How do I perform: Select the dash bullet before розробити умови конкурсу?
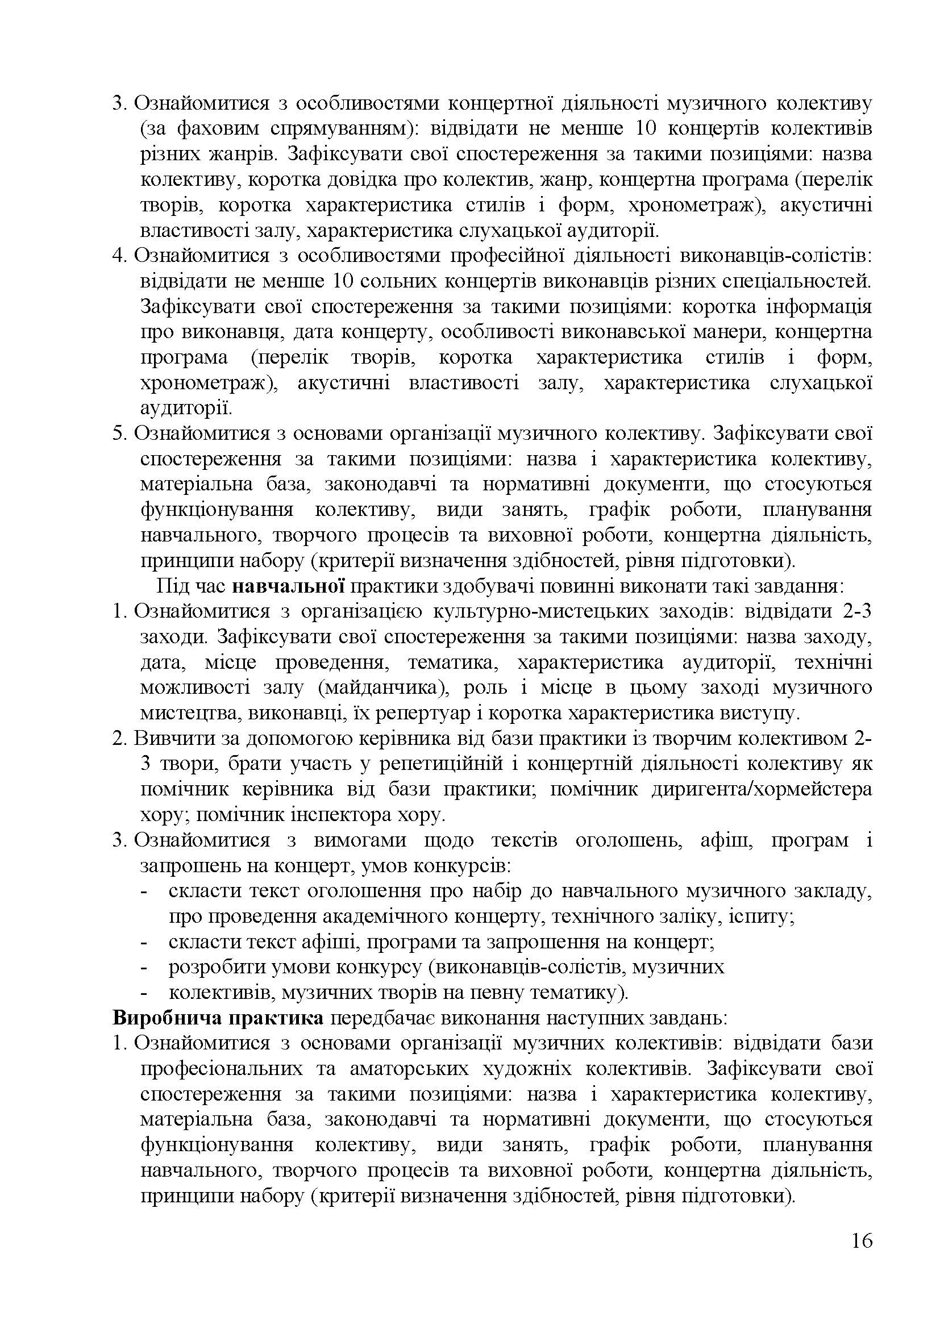point(145,968)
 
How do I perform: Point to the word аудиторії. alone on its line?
point(186,408)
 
